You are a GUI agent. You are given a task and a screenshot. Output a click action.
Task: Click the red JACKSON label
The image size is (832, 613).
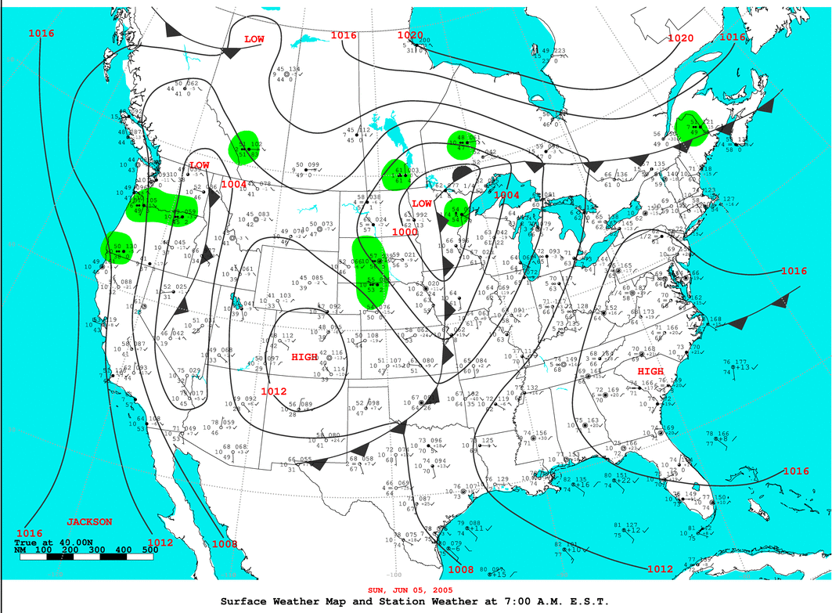(88, 521)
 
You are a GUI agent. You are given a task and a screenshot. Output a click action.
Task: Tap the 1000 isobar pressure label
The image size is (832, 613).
(405, 232)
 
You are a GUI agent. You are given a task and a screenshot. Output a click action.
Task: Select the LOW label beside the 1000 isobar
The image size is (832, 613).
(421, 204)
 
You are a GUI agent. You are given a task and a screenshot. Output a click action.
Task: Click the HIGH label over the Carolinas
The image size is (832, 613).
(650, 371)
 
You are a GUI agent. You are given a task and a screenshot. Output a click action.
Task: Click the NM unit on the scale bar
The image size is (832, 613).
(20, 550)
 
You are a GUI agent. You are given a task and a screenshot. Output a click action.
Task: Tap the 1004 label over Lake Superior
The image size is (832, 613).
(507, 195)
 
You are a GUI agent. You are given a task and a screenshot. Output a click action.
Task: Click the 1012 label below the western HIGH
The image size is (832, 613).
(274, 391)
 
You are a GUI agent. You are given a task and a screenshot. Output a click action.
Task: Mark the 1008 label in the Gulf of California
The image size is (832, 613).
(224, 543)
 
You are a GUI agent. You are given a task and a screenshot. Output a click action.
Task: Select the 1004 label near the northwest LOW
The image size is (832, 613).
(233, 184)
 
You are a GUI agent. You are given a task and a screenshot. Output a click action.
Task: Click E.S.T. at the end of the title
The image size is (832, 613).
(585, 600)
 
